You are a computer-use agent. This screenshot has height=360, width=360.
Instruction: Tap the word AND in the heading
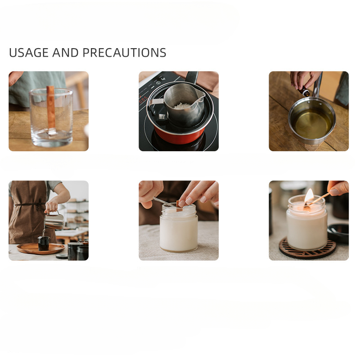(66, 53)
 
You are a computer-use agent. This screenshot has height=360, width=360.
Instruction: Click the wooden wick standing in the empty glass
(51, 108)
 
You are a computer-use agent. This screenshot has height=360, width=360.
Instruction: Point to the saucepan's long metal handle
(318, 85)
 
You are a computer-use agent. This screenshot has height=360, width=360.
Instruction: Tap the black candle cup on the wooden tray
(44, 243)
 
